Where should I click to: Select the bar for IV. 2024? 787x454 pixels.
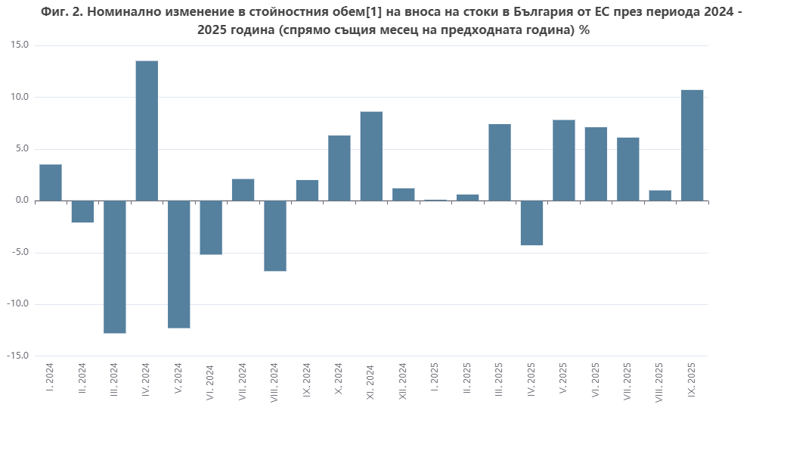coord(147,130)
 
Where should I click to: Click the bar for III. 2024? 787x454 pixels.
coord(115,266)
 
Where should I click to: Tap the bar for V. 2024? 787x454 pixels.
coord(178,264)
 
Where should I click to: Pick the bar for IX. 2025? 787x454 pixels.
coord(692,145)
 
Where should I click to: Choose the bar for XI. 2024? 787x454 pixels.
coord(371,156)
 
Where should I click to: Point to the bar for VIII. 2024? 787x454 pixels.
coord(275,235)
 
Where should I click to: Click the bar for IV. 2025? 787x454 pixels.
coord(531,222)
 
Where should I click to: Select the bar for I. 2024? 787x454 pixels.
coord(51,182)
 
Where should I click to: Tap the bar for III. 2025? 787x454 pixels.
coord(500,162)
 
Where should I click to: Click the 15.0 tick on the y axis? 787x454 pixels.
coord(20,45)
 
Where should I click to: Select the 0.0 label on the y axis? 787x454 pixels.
coord(21,201)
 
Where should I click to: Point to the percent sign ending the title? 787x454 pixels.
coord(584,31)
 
